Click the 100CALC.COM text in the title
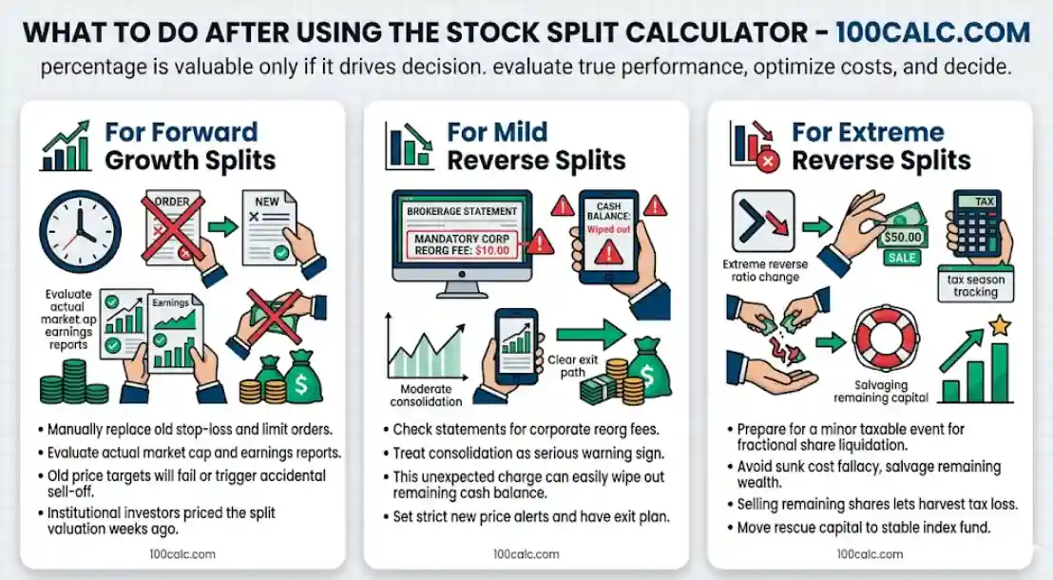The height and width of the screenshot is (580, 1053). tap(932, 32)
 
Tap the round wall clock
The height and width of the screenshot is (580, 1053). tap(81, 232)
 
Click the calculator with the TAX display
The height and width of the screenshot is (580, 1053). tap(978, 226)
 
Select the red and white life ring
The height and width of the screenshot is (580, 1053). tap(886, 340)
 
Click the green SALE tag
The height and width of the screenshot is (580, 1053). tap(901, 258)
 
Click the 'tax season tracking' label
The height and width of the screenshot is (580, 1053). tap(976, 285)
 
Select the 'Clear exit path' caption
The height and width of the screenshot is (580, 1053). tap(573, 366)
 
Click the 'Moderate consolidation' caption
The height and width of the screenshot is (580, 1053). tap(426, 396)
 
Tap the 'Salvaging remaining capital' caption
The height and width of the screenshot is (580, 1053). tap(881, 391)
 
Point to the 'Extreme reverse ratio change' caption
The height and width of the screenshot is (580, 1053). tap(765, 270)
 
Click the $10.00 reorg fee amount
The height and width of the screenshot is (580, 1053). tap(492, 251)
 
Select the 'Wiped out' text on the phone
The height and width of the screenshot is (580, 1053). tap(609, 229)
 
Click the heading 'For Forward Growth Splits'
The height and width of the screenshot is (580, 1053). tap(190, 145)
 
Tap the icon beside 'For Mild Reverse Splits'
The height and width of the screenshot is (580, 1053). tap(409, 145)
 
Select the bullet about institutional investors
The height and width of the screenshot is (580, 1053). tap(162, 521)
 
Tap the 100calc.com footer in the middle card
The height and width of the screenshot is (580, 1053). tap(526, 554)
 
